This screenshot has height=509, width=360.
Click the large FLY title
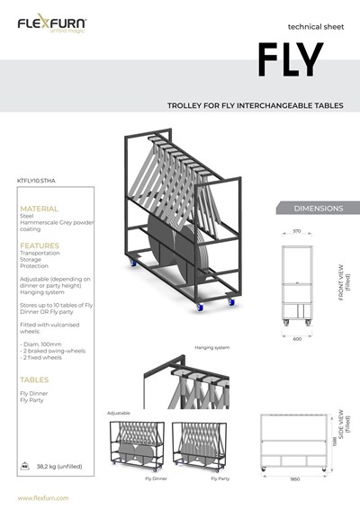pos(290,59)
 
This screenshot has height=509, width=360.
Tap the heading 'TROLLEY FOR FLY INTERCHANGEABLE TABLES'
pos(256,105)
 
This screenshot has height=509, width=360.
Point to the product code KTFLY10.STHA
pos(36,180)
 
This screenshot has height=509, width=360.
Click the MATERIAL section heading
pos(39,208)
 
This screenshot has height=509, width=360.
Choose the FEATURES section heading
pos(40,245)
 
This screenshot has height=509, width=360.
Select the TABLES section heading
pos(34,380)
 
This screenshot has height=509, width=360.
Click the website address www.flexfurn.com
pos(43,497)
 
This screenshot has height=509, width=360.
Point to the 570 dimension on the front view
pos(297,231)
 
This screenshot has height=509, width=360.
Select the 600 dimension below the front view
pos(297,338)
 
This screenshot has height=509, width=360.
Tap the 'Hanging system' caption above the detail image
pos(212,347)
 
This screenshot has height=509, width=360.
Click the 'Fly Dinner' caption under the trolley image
pos(157,479)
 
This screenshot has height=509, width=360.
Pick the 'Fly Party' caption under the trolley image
pos(220,479)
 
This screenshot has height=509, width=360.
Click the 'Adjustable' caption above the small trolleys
pos(120,413)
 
